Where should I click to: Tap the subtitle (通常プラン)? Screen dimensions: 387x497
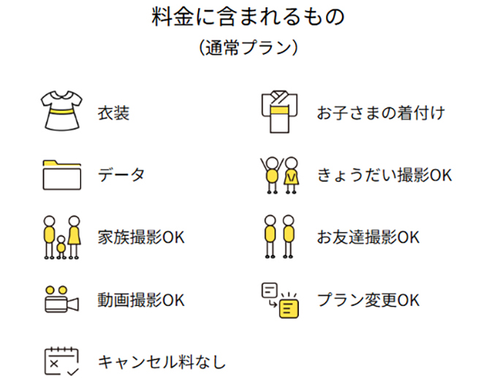248,48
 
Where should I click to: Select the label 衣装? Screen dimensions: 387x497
113,114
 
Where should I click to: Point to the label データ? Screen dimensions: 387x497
121,176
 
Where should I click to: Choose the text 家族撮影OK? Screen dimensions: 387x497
141,238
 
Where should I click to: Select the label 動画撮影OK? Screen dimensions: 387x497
141,300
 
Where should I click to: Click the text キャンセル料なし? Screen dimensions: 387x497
162,362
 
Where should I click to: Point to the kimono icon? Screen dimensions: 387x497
280,112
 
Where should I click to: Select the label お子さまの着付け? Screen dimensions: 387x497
380,114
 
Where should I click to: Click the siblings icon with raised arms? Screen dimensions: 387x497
281,175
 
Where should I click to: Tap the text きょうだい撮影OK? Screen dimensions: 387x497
384,176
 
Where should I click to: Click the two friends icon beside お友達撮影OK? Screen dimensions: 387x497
281,237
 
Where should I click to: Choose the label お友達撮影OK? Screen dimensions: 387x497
368,238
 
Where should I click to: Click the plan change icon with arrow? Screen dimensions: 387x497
281,299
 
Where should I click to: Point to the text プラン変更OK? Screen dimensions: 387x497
368,300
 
